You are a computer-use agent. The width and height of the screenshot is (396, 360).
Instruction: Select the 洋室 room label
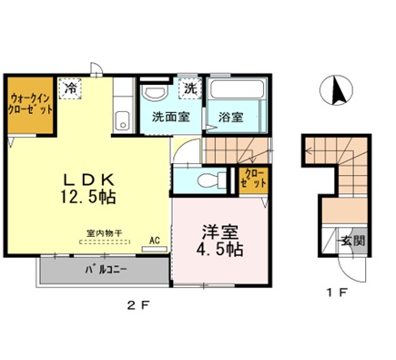coord(220,229)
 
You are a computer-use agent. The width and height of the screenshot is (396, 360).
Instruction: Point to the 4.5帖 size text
coord(220,247)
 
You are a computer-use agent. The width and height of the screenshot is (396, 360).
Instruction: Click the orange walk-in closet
coord(31,104)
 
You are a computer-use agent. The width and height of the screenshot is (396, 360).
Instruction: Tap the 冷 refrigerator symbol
coord(71,88)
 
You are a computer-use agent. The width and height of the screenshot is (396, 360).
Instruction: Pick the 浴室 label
coord(230,117)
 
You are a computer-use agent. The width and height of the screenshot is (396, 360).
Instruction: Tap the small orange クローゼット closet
coord(252,178)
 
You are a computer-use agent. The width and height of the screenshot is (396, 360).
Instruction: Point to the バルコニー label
coord(107,271)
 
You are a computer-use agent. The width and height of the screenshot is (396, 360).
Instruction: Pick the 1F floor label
coord(338,293)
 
